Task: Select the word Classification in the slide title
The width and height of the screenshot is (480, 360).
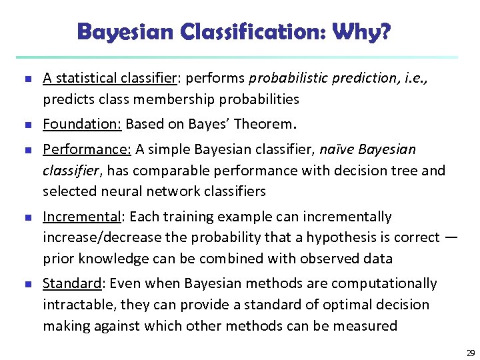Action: [x=256, y=31]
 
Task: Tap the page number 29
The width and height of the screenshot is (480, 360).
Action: [x=470, y=353]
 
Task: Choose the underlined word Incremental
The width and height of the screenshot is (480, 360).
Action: [x=83, y=217]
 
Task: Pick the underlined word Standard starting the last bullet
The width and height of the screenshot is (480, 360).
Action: [x=71, y=283]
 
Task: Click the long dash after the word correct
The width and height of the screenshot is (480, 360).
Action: [x=451, y=237]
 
